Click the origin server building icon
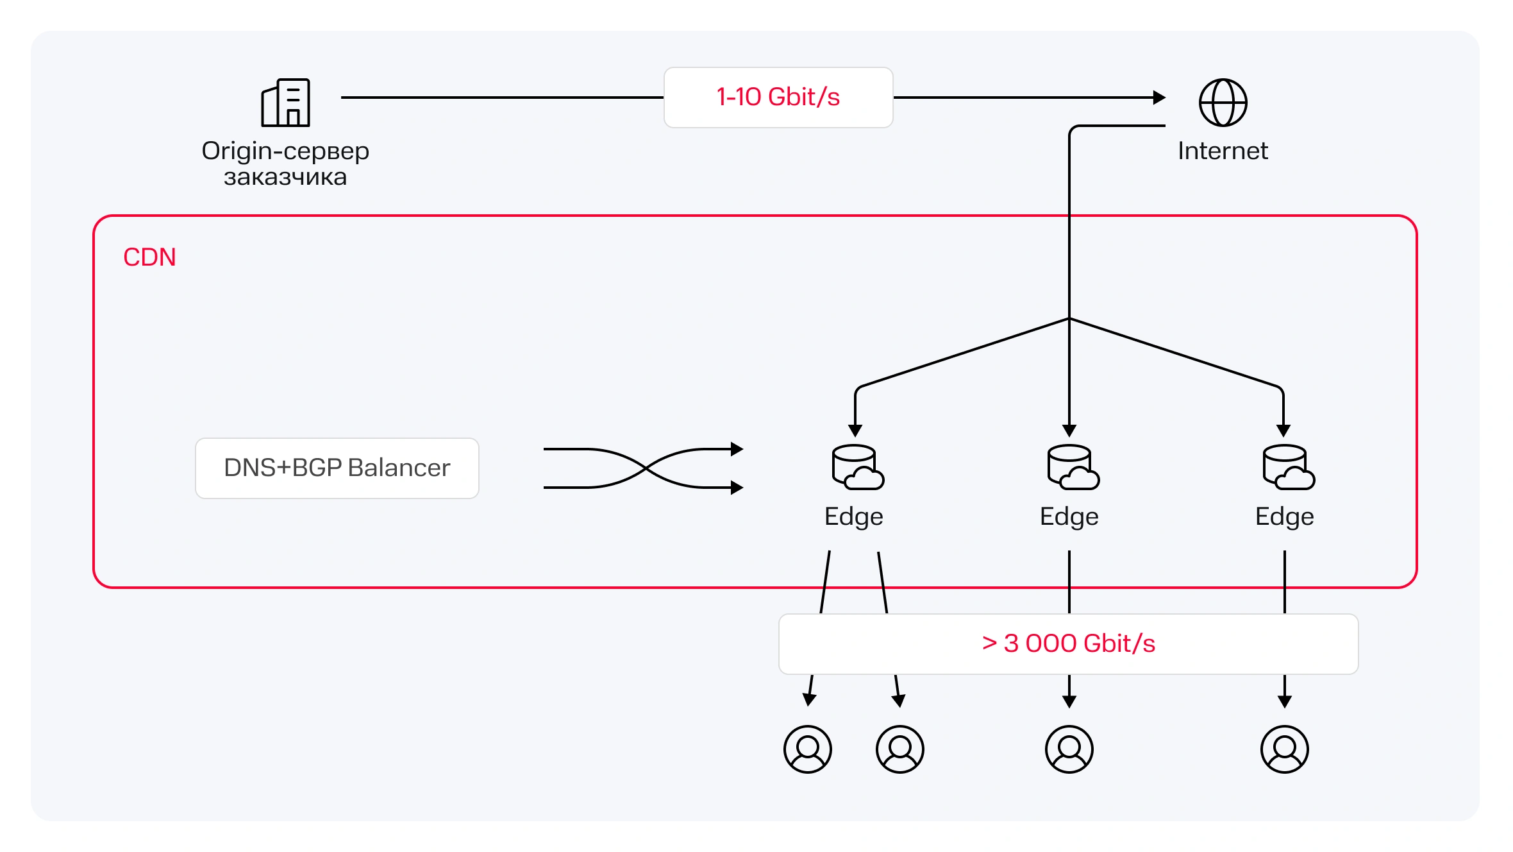click(x=286, y=103)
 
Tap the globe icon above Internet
click(x=1223, y=103)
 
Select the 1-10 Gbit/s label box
click(x=778, y=98)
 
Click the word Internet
click(x=1223, y=151)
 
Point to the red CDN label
click(x=149, y=257)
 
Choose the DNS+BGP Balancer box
click(x=337, y=468)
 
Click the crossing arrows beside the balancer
click(x=643, y=468)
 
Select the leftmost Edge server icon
click(x=857, y=468)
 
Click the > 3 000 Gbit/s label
click(x=1068, y=643)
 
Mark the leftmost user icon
click(x=808, y=749)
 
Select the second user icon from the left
click(x=900, y=749)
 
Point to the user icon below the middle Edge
click(x=1069, y=749)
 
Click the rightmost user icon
click(x=1285, y=749)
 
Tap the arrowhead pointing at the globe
click(x=1159, y=98)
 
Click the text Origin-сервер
click(x=285, y=151)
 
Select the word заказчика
click(x=285, y=177)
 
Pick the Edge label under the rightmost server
click(x=1285, y=516)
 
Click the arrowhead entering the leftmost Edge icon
click(x=855, y=430)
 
